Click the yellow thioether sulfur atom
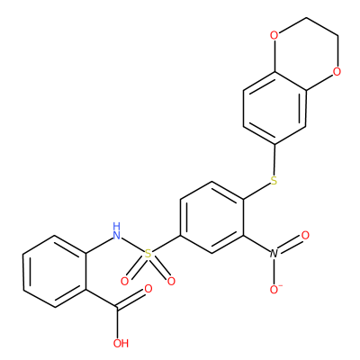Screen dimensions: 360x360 pos(274,181)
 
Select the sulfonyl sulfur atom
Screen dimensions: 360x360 pos(148,254)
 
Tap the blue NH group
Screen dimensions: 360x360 pos(117,231)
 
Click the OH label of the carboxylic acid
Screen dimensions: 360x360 pos(121,343)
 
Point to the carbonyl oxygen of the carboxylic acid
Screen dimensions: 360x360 pos(148,289)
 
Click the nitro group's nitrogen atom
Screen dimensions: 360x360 pos(274,254)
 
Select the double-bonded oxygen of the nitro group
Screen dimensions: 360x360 pos(305,235)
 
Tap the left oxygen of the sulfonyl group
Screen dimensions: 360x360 pos(124,282)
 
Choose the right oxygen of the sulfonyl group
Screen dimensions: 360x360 pos(171,282)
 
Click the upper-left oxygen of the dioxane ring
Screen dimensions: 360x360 pos(274,36)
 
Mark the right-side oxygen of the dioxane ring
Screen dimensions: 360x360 pos(337,72)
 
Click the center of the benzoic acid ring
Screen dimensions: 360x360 pos(55,271)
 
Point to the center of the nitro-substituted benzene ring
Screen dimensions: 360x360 pos(211,217)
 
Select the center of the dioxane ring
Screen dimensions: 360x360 pos(306,54)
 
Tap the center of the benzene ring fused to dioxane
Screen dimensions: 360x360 pos(274,108)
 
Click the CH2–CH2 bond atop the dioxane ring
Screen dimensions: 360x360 pos(322,27)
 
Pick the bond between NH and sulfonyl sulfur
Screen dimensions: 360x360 pos(133,245)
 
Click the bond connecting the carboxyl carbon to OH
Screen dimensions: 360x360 pos(118,323)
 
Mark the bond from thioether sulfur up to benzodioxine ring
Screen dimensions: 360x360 pos(274,159)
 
